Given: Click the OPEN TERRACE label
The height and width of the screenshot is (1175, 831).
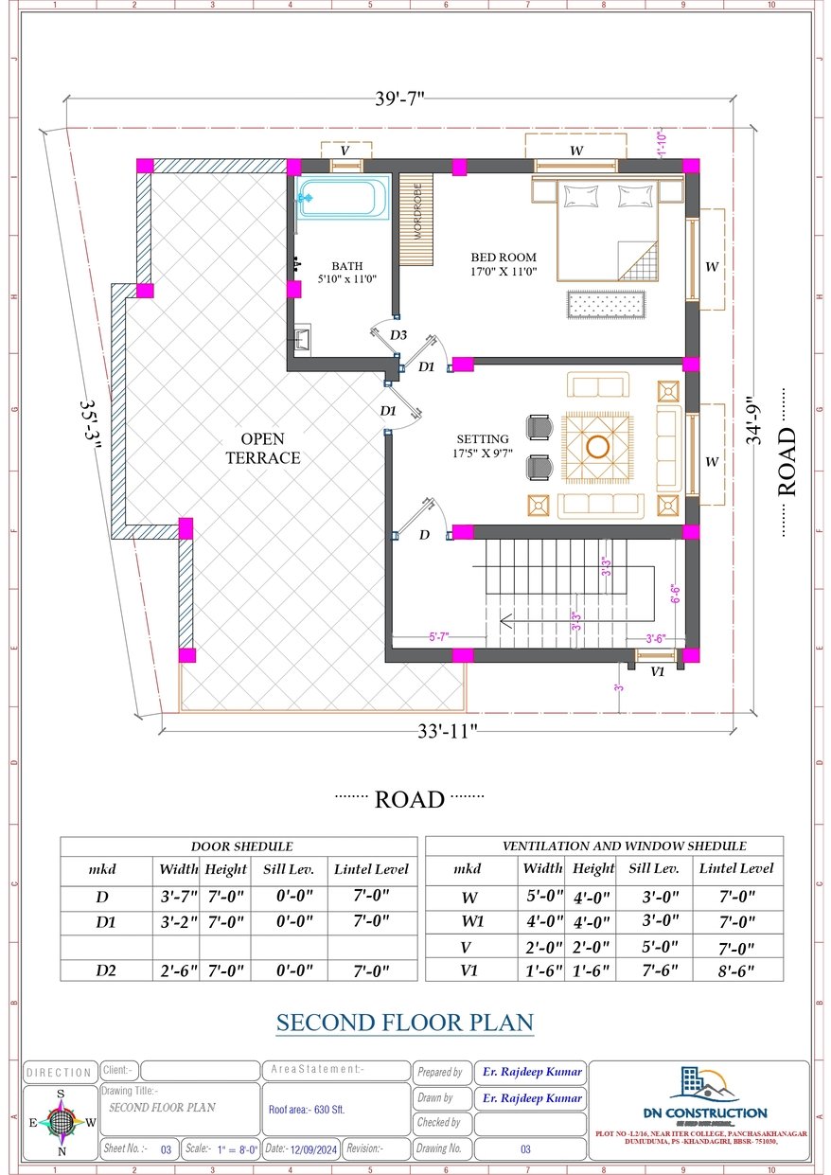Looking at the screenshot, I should point(270,449).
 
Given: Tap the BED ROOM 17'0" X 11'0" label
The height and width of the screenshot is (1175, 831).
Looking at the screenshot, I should point(504,264).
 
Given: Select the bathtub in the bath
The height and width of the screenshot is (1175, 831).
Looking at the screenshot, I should point(342,199).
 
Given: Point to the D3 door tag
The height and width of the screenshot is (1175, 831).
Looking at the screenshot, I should point(398,335).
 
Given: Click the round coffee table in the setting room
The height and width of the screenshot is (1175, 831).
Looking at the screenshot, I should point(597,447).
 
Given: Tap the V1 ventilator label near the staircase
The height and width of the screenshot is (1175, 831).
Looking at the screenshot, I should point(657,671).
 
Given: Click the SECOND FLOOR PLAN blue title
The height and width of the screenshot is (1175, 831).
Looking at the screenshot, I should point(405,1023).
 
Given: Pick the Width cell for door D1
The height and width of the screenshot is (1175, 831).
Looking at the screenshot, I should point(176,920).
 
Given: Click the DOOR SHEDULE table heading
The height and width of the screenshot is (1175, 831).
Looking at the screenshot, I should point(241,846).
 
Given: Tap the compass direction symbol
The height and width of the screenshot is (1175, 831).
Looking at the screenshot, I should point(61,1123).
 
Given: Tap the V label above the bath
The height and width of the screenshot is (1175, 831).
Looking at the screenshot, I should point(345,151).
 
